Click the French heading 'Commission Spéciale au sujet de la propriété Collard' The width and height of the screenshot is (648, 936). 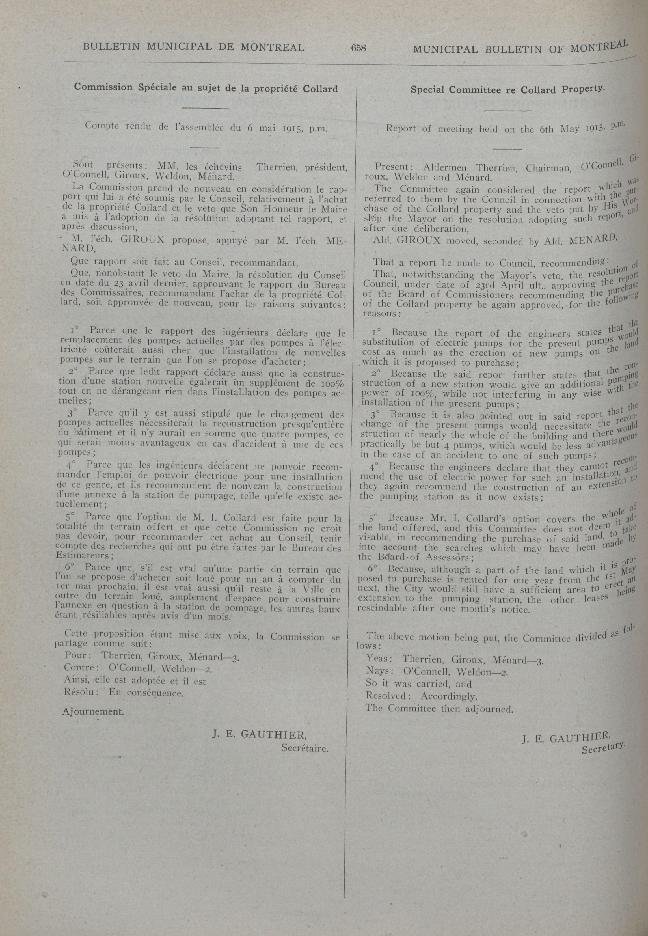click(206, 88)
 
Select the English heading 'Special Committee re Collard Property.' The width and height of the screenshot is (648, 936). click(507, 89)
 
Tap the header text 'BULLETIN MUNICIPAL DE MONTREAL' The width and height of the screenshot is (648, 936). click(193, 47)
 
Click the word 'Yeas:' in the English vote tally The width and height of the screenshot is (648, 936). click(378, 659)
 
